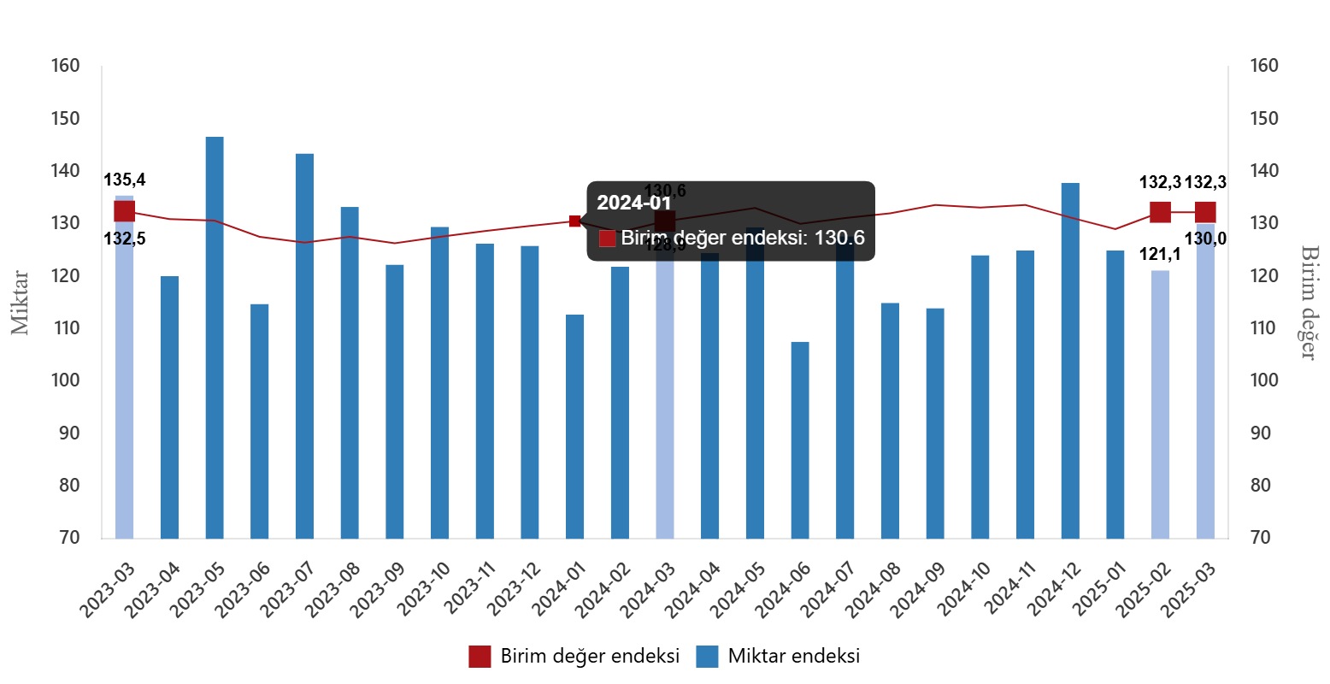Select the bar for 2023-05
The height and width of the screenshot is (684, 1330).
(x=215, y=338)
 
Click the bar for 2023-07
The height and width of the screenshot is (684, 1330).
(x=304, y=346)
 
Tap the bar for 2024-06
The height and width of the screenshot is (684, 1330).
(x=800, y=440)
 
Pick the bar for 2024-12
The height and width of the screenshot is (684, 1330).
(x=1070, y=360)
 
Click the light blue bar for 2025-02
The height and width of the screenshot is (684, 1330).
(x=1160, y=404)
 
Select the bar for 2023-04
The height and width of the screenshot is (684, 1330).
(x=169, y=407)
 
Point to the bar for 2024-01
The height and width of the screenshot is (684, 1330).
(x=575, y=426)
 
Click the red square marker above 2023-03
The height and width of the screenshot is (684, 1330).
(x=125, y=212)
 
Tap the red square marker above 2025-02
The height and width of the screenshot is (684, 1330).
(x=1160, y=212)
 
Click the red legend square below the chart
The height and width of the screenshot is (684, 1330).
(x=480, y=657)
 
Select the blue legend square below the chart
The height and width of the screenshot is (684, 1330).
(x=707, y=657)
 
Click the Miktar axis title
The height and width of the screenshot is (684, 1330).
(x=20, y=304)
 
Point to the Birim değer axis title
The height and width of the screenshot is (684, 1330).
(x=1309, y=302)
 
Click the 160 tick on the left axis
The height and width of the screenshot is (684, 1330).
(x=65, y=66)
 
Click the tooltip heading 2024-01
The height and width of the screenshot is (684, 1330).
(x=633, y=203)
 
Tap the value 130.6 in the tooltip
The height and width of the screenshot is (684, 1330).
(x=839, y=239)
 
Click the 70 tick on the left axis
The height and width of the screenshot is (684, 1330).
(x=69, y=538)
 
